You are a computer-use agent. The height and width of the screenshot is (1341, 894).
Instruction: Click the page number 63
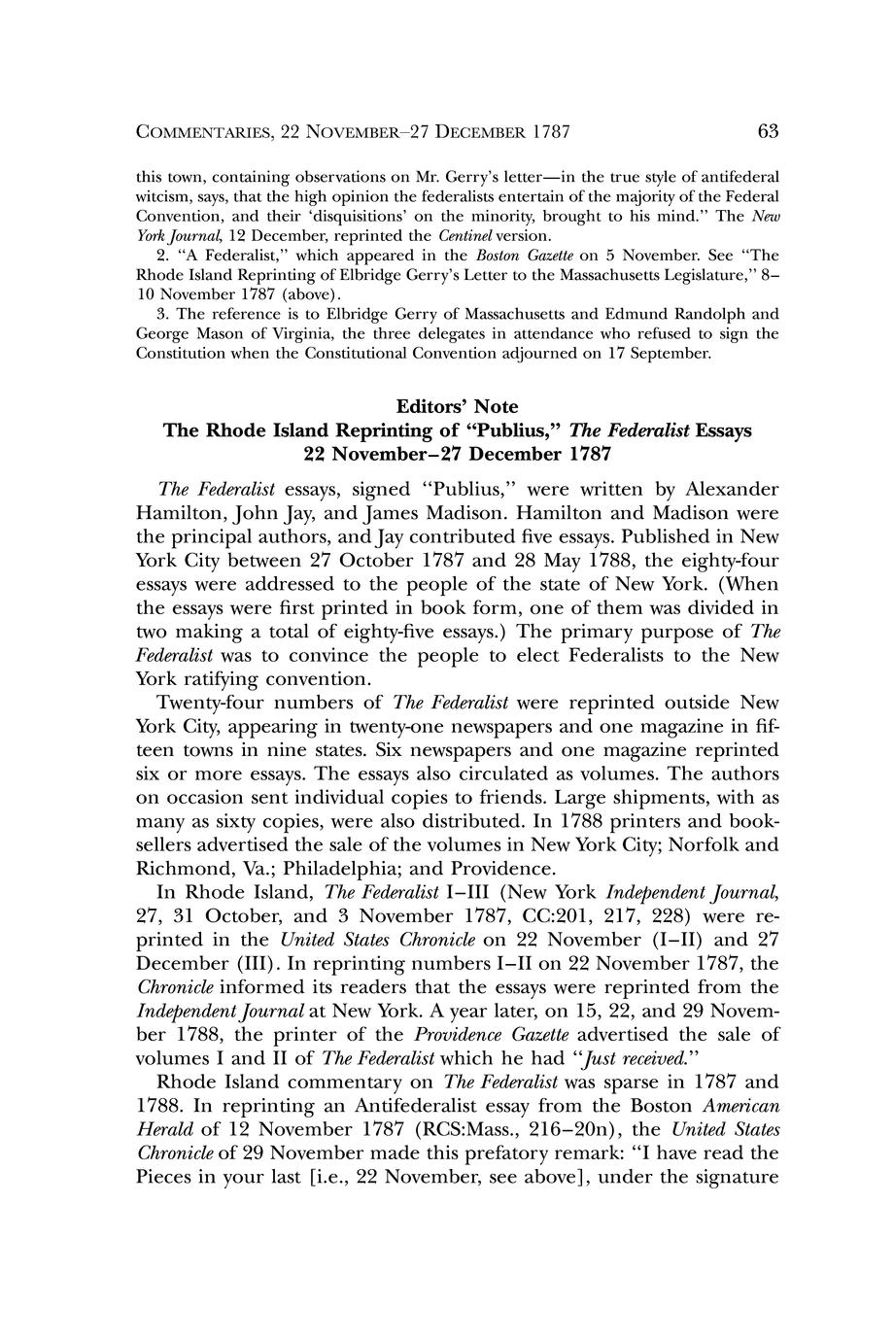coord(768,131)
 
